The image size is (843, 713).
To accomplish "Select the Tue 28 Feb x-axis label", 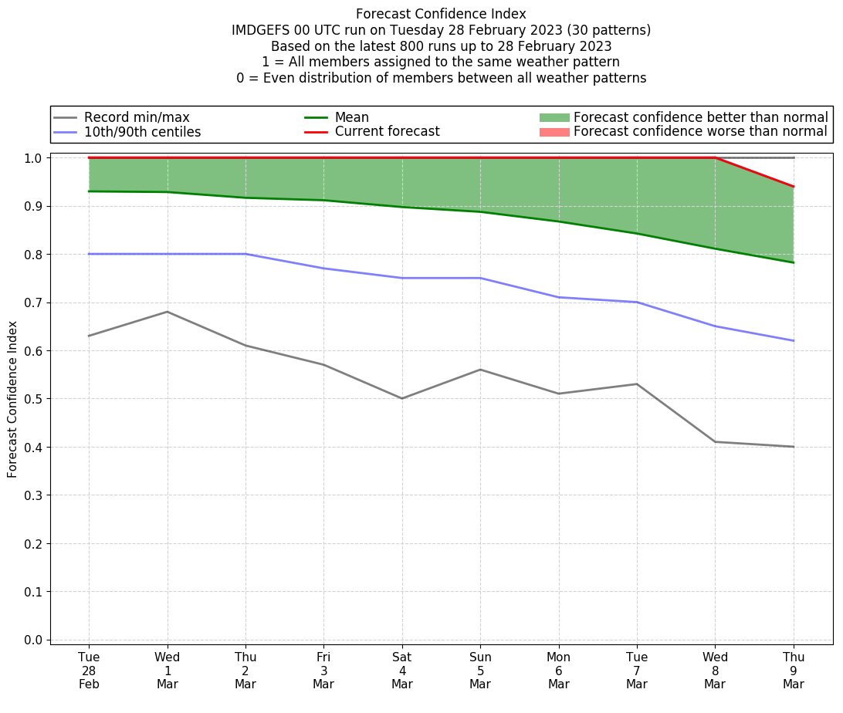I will [x=89, y=670].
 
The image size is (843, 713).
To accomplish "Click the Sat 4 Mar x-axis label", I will [x=402, y=670].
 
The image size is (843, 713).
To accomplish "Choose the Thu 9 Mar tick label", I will [x=793, y=670].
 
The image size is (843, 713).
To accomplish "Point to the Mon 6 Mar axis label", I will [x=558, y=670].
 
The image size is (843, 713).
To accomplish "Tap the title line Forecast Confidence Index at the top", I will [x=441, y=14].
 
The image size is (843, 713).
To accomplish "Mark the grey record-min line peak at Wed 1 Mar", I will [x=168, y=312].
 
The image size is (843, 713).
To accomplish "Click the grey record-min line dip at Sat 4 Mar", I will [x=402, y=398].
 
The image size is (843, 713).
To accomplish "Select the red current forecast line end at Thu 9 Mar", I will [x=793, y=187].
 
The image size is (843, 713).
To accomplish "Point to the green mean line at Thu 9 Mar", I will [x=793, y=262].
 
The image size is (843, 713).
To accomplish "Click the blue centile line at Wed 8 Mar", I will [x=715, y=326].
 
